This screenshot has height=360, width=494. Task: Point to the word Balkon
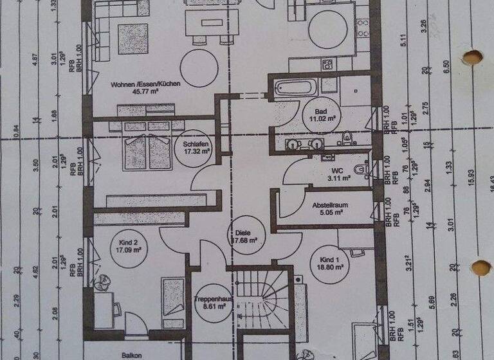pyautogui.click(x=132, y=354)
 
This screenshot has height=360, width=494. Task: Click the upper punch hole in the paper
pyautogui.click(x=472, y=57)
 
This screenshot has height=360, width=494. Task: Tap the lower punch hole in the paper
pyautogui.click(x=480, y=267)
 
